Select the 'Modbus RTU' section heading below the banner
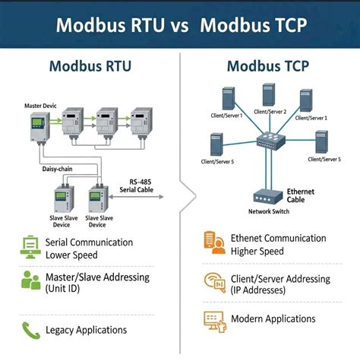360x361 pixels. tap(90, 65)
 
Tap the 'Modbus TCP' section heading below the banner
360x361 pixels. tap(269, 65)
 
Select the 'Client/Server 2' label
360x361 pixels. tap(269, 111)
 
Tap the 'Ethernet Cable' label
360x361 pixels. tap(300, 196)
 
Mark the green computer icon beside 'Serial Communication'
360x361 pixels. tap(30, 248)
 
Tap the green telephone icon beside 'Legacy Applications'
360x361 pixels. tap(30, 330)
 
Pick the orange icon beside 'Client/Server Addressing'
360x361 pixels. tap(213, 282)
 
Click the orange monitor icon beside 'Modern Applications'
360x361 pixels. tap(213, 318)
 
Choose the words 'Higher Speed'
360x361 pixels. tap(257, 251)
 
